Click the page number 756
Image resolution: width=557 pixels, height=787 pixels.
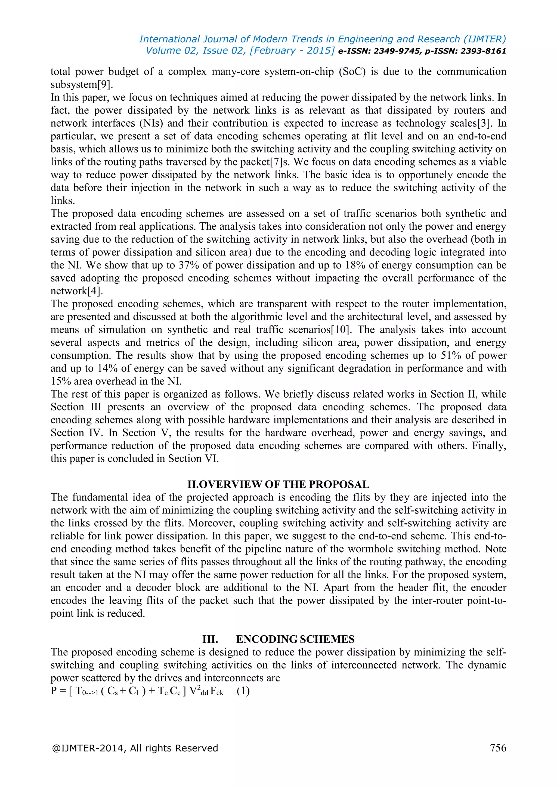click(x=498, y=748)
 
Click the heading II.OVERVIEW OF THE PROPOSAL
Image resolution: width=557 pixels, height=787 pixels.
click(x=278, y=484)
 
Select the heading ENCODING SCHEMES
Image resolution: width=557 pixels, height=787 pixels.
click(x=295, y=639)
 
